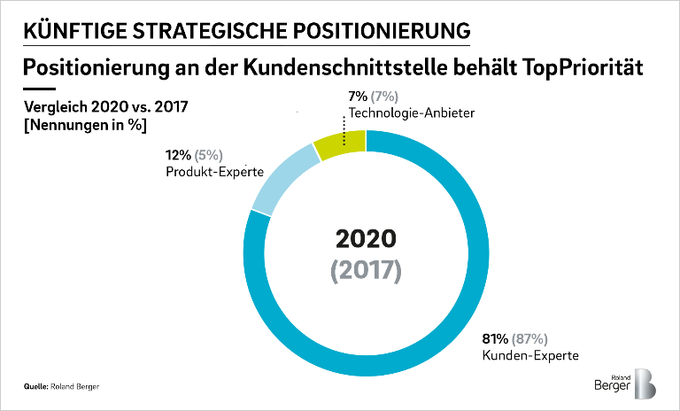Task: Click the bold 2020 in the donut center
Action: click(366, 238)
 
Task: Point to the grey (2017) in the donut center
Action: click(366, 269)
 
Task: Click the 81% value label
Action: click(496, 339)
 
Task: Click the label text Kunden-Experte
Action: click(529, 356)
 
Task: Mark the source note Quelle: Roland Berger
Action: click(61, 387)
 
